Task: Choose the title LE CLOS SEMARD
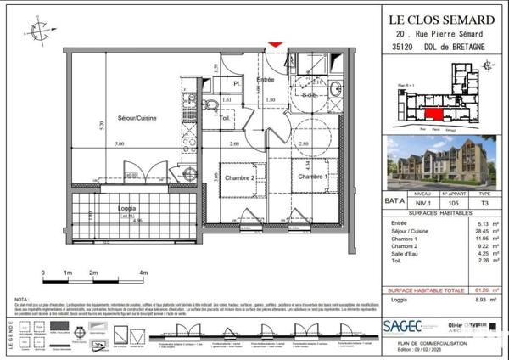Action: [442, 19]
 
